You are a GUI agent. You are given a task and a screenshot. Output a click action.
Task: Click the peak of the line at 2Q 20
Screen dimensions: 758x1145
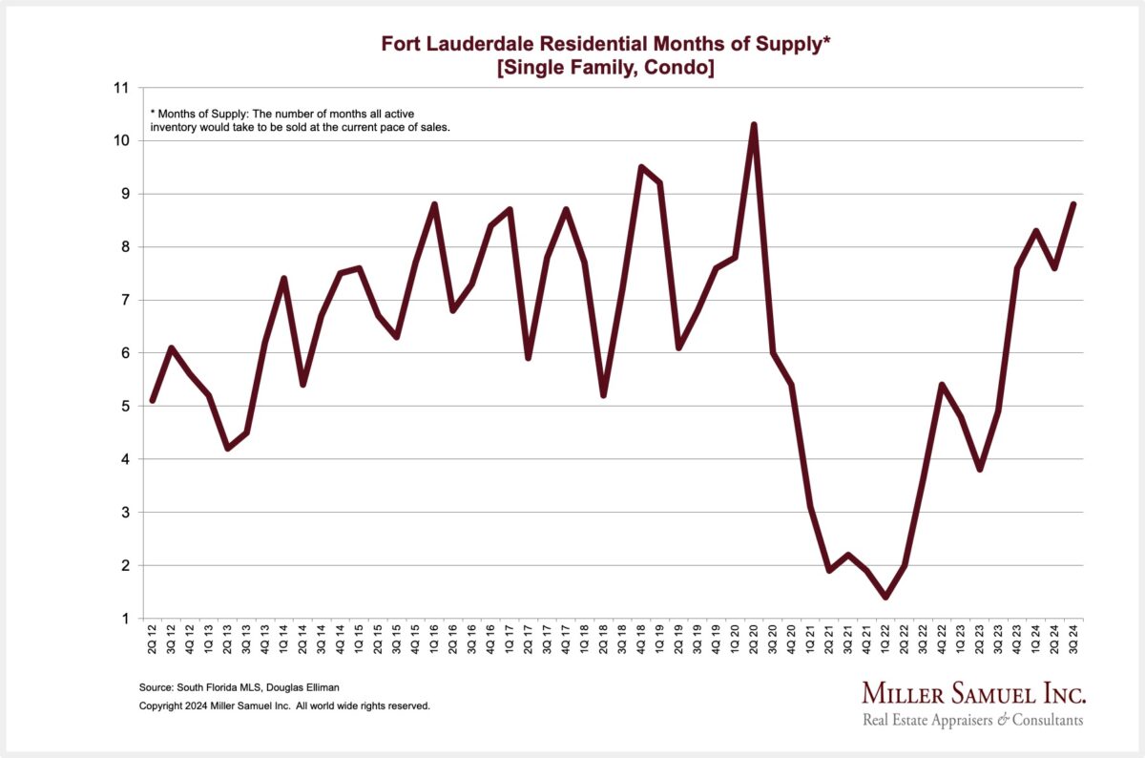(754, 125)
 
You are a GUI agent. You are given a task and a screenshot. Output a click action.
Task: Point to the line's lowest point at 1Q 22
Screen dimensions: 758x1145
(885, 597)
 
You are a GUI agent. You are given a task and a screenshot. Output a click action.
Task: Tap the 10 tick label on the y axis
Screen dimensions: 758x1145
(121, 140)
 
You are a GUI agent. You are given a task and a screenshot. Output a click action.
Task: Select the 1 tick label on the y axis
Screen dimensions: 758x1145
(125, 619)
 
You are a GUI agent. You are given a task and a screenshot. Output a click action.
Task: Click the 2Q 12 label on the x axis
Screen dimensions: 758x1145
(153, 639)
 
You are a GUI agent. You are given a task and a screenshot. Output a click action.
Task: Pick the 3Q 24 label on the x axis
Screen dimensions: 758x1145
(1072, 639)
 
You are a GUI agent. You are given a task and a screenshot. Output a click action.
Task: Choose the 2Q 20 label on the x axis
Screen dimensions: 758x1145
(754, 639)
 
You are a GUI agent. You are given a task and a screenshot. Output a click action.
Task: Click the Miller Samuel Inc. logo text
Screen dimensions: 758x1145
(973, 693)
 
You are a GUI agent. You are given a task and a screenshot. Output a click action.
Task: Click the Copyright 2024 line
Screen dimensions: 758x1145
(284, 706)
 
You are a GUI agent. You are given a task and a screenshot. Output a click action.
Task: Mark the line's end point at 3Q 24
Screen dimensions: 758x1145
(1072, 204)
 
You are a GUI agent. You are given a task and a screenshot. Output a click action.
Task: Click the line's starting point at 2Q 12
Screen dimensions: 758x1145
(153, 401)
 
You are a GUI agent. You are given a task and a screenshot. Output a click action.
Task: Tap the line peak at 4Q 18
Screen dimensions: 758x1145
(641, 167)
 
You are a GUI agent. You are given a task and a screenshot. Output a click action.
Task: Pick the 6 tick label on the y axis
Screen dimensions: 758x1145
(125, 353)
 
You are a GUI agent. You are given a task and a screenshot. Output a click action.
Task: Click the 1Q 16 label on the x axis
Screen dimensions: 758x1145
(434, 639)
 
